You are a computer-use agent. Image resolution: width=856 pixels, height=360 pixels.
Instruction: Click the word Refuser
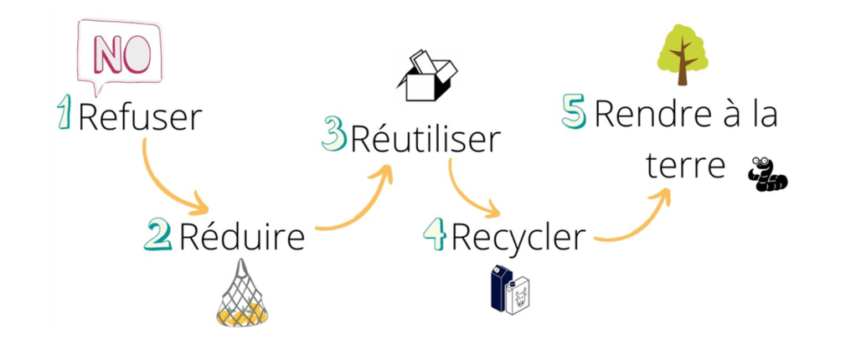(140, 117)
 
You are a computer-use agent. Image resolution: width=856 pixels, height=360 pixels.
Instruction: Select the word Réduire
(241, 238)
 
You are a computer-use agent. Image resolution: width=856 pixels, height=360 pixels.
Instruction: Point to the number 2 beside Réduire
(157, 235)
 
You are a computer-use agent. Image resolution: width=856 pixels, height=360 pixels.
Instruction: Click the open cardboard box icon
(426, 75)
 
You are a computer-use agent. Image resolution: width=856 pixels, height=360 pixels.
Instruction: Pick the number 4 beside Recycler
(434, 235)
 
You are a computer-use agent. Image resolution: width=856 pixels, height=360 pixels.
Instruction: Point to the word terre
(684, 166)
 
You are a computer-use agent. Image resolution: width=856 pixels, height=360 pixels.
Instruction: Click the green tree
(682, 54)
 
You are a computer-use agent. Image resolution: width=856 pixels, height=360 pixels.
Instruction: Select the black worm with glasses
(768, 174)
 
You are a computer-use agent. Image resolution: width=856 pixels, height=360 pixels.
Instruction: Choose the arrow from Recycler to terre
(637, 222)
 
